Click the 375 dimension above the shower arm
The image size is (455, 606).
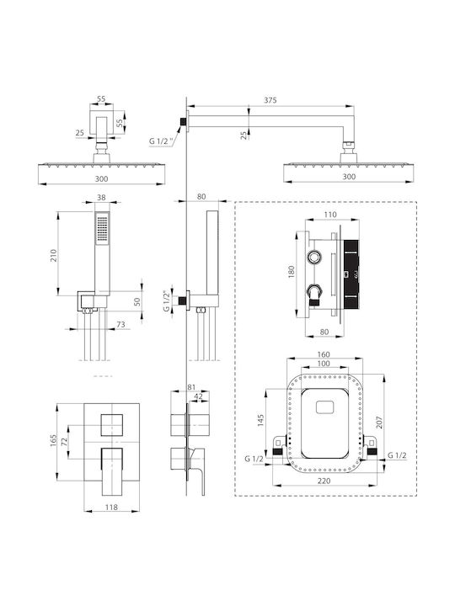point(270,100)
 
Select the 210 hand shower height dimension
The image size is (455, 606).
point(54,256)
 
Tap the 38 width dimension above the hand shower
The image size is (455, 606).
point(101,198)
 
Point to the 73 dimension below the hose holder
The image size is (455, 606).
point(120,325)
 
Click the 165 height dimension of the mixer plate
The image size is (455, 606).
point(53,441)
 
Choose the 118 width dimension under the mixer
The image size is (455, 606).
point(111,507)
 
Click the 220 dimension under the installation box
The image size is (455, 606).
point(324,481)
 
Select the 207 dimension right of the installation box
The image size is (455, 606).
point(379,422)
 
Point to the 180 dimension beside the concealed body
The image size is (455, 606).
point(292,272)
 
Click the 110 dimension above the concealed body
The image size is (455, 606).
point(330,215)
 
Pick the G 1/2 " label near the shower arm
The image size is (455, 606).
point(161,141)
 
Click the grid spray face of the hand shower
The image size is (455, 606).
point(102,229)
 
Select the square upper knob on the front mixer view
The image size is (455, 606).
point(112,425)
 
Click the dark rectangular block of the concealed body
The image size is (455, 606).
point(351,274)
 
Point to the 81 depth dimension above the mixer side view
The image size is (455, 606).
point(191,387)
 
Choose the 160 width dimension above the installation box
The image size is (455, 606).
point(324,354)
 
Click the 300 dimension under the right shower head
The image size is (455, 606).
point(349,177)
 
